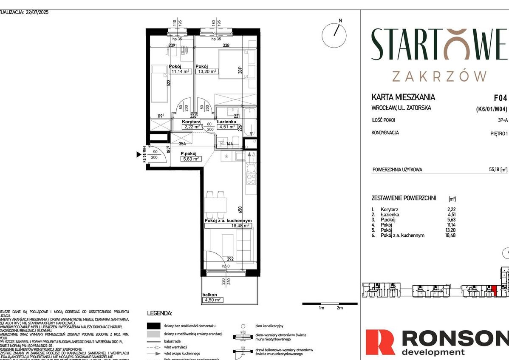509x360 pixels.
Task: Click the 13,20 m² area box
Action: (x=207, y=71)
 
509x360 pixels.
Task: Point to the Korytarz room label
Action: (x=191, y=122)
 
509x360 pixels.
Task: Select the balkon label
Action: (x=210, y=295)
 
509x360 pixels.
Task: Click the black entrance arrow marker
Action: (x=139, y=155)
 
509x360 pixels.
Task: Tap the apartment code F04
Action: (x=500, y=97)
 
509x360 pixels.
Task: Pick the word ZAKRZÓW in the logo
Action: (x=439, y=76)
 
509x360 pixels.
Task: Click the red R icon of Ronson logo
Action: (x=381, y=343)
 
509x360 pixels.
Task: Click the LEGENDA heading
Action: (x=159, y=313)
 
